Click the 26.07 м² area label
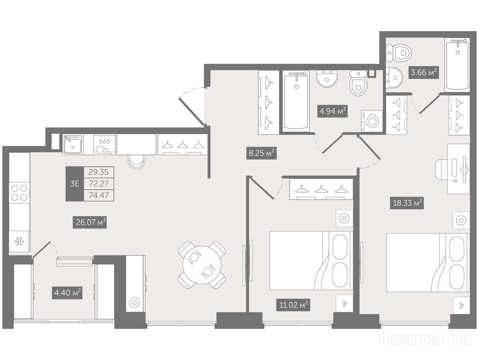click(91, 222)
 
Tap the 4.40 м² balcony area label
click(67, 293)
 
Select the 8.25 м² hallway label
click(261, 153)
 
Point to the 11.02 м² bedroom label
click(293, 304)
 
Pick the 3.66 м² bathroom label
click(424, 73)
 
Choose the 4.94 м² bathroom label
click(333, 112)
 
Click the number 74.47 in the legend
click(99, 195)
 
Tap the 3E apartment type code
click(75, 183)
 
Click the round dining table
click(202, 265)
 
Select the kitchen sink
click(73, 145)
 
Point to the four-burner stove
click(19, 193)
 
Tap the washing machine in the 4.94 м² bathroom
click(372, 121)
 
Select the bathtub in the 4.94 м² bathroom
click(296, 101)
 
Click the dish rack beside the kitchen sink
click(105, 145)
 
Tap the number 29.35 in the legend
click(99, 172)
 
